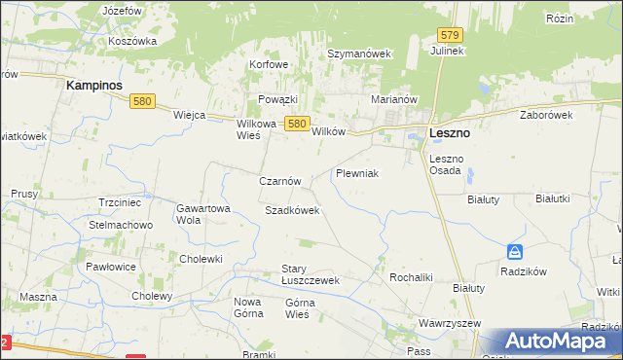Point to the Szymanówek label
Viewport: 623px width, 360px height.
tap(358, 54)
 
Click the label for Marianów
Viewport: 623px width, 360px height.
tap(394, 99)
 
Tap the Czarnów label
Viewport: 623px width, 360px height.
tap(285, 181)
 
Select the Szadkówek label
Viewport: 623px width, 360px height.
tap(292, 210)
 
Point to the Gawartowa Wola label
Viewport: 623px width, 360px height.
tap(202, 214)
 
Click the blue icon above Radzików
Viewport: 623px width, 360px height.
tap(515, 252)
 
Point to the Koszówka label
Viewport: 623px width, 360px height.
tap(133, 41)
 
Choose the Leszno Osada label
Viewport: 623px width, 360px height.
tap(448, 164)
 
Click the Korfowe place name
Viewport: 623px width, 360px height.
tap(270, 64)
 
